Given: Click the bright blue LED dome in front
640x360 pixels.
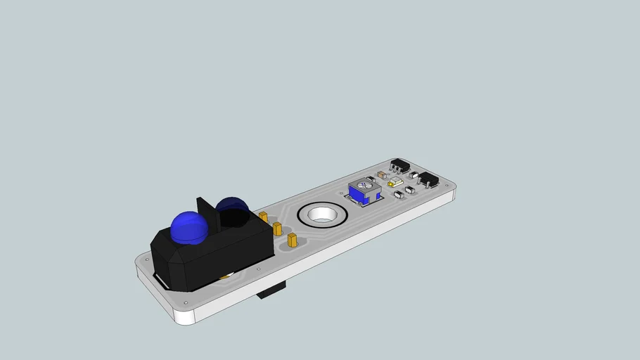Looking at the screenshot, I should coord(188,227).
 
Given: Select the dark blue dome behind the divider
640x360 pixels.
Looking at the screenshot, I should coord(232,209).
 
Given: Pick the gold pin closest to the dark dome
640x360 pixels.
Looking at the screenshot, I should coord(264,217).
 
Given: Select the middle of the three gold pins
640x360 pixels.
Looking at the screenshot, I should coord(277,229).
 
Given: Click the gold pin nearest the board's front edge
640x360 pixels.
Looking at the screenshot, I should coord(293,241).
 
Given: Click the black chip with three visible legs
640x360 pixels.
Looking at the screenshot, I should coord(400,166).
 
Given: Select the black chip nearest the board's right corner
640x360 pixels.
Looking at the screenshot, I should coord(429,180).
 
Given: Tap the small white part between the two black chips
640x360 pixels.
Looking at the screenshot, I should coord(414,174).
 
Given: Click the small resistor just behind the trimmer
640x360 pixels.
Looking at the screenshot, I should coord(371,179).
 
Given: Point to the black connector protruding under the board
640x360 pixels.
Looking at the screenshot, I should coord(272,290).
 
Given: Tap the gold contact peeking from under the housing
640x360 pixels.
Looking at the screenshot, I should coord(224,276).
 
